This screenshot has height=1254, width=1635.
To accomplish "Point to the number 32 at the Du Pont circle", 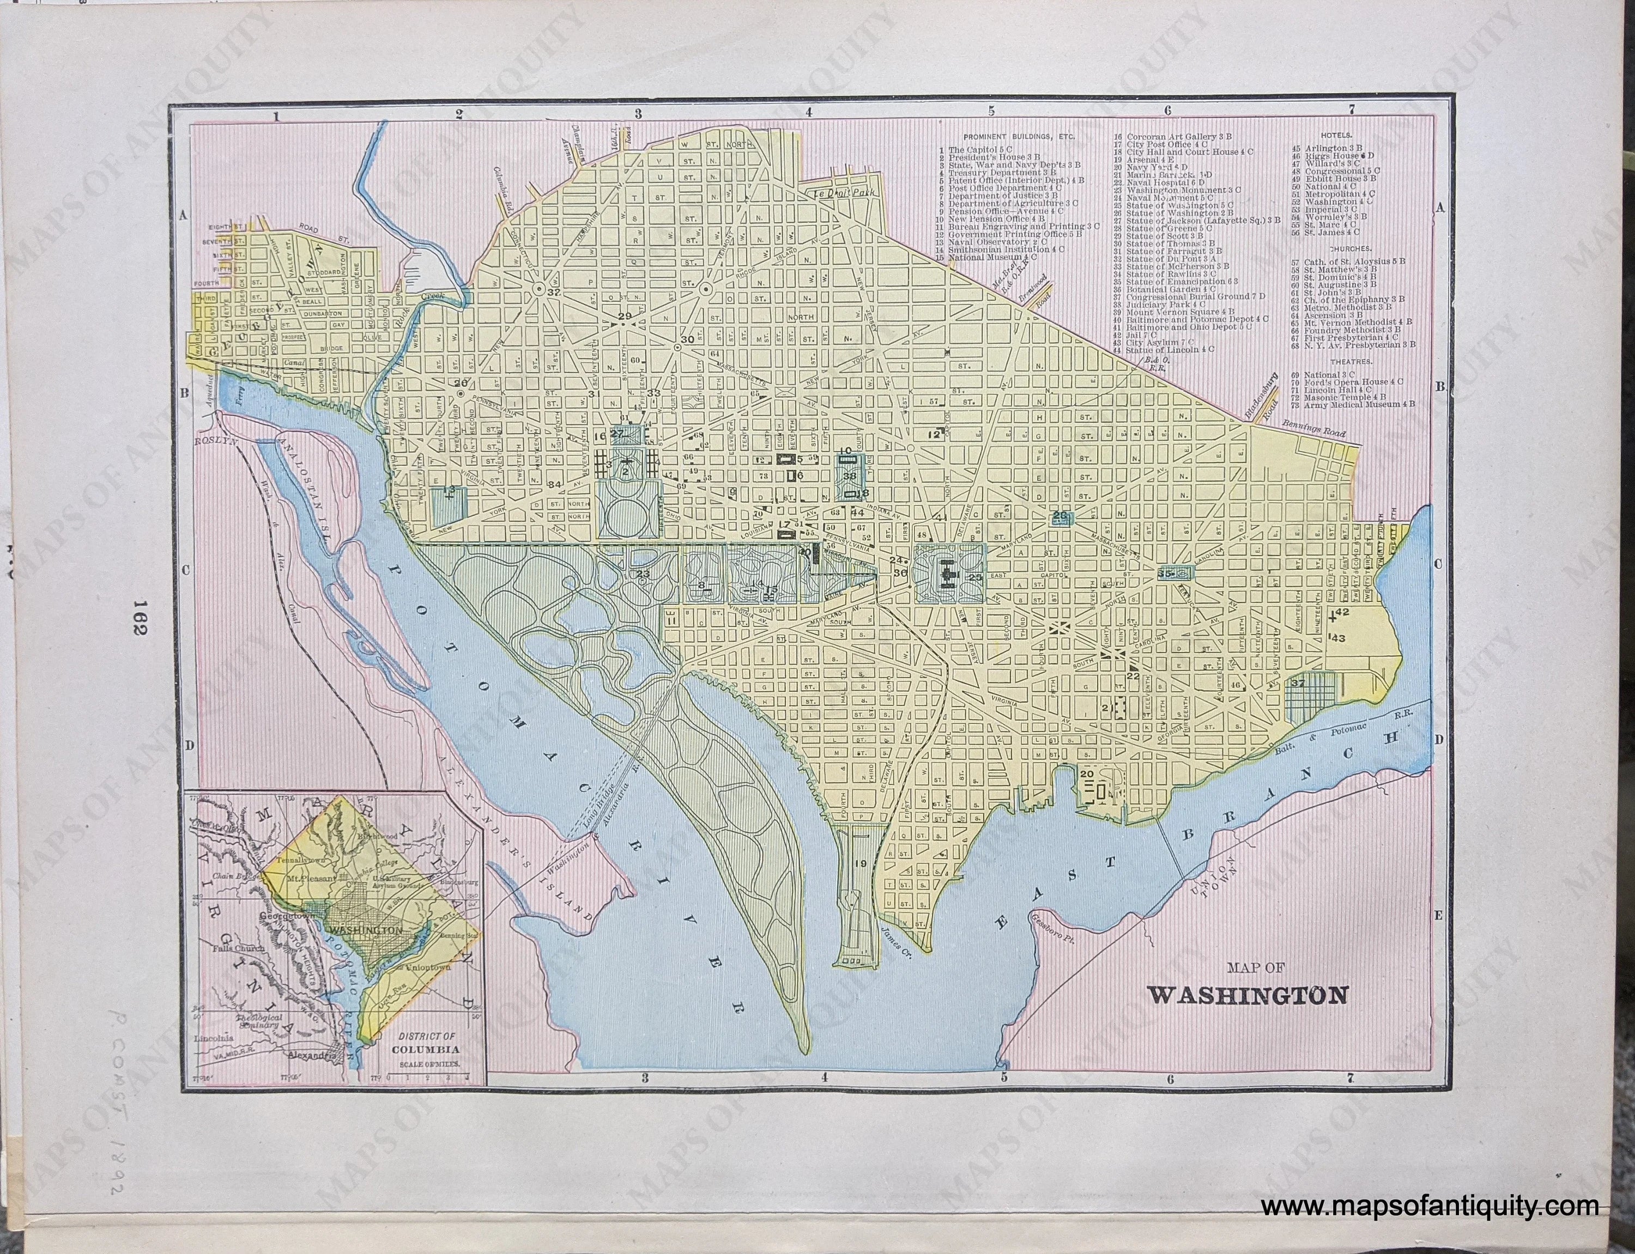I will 553,293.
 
